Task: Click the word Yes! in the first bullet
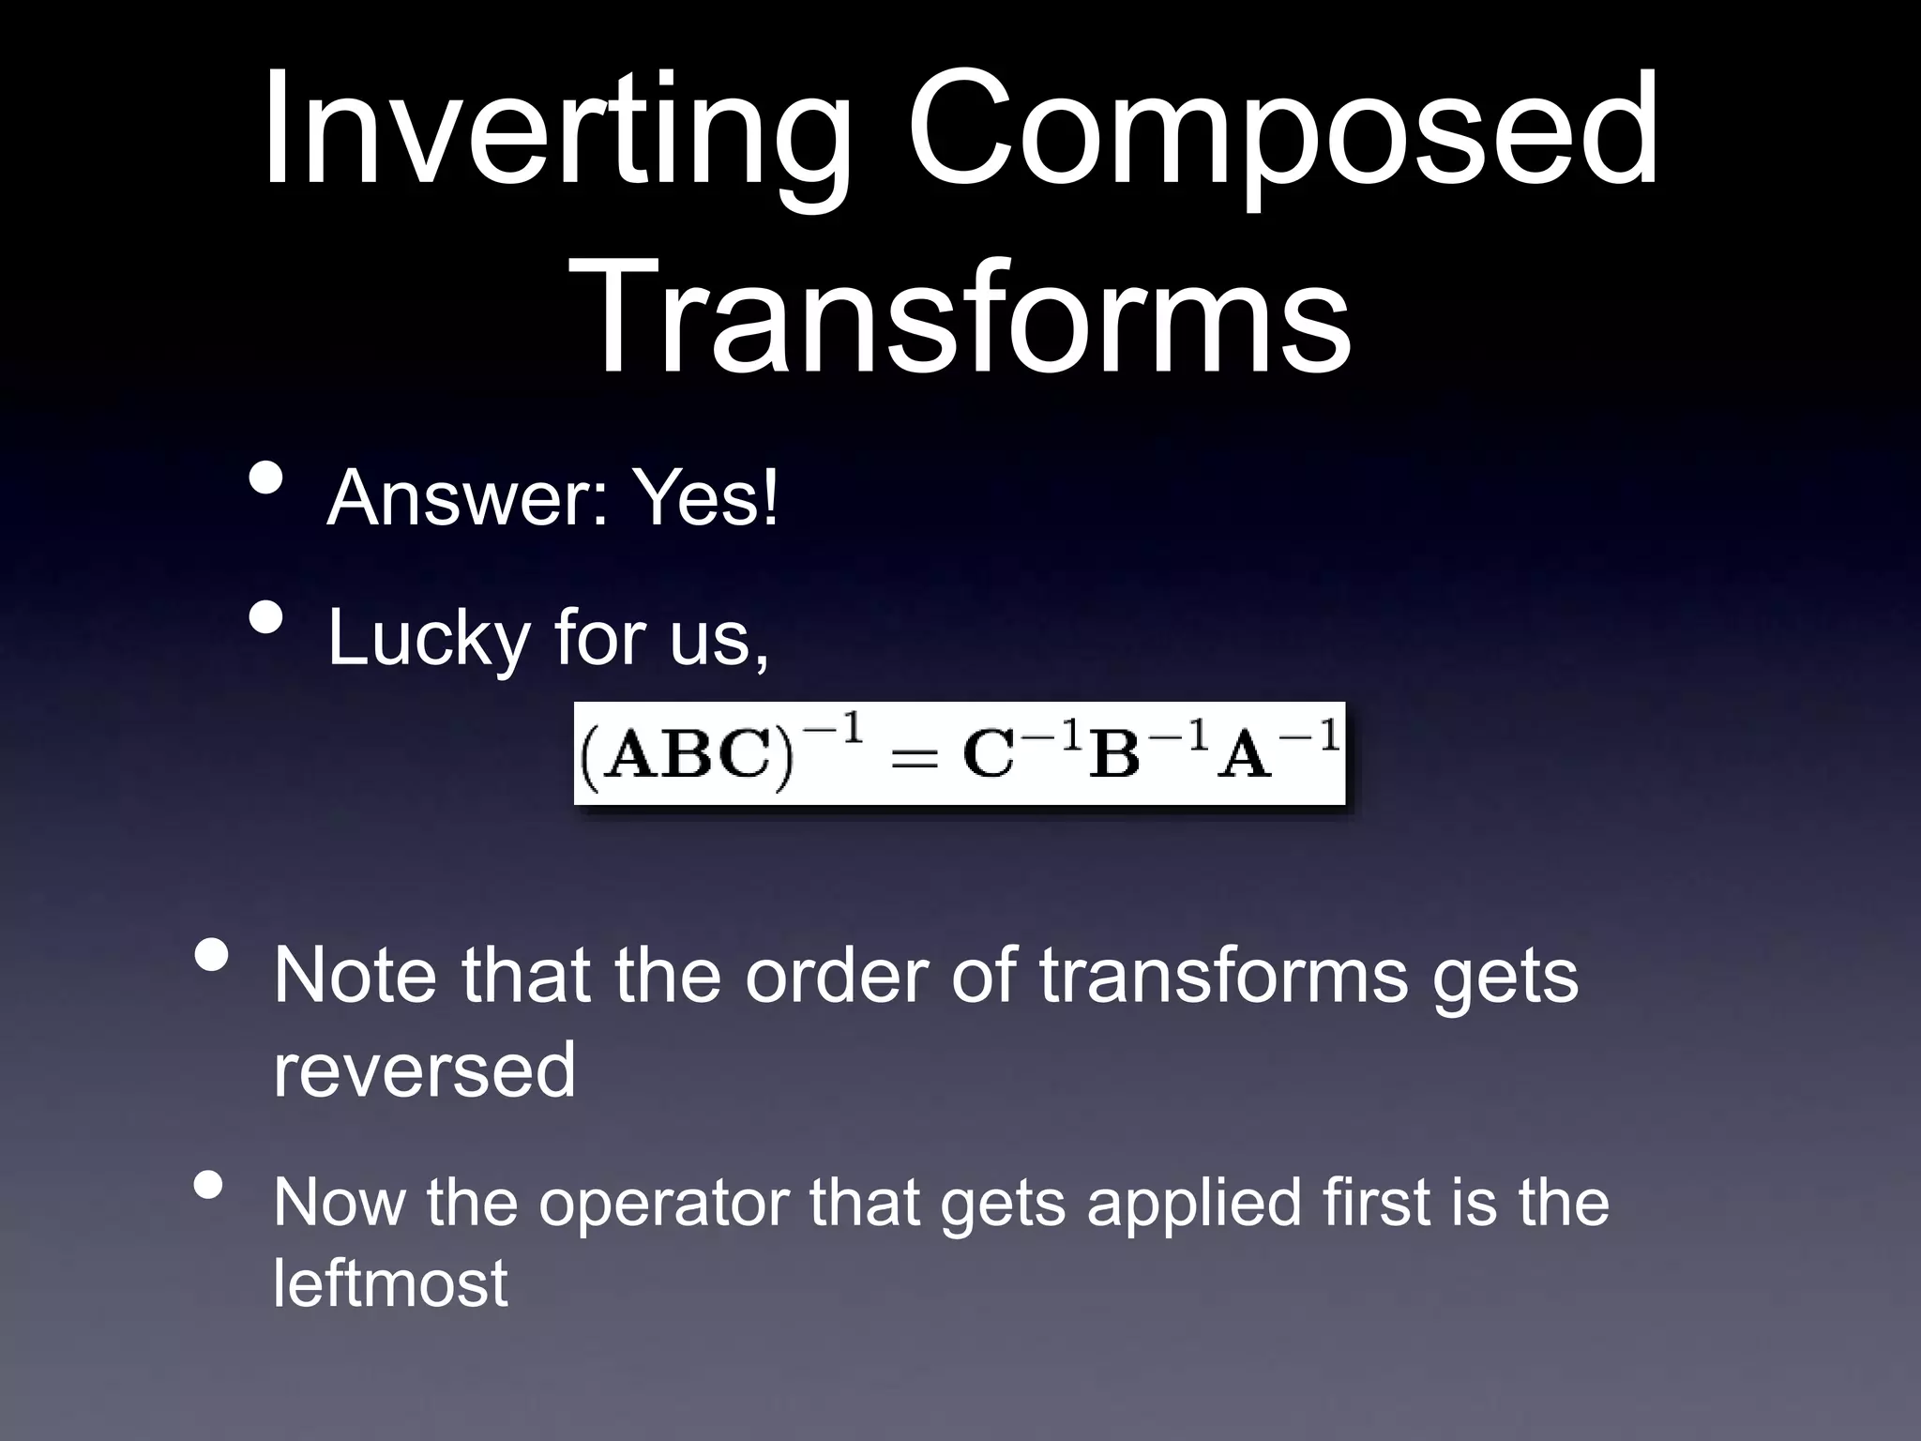(x=705, y=497)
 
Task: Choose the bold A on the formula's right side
(x=1242, y=754)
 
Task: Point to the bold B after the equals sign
(x=1114, y=754)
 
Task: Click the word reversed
(x=424, y=1069)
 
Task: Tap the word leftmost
(x=390, y=1282)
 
